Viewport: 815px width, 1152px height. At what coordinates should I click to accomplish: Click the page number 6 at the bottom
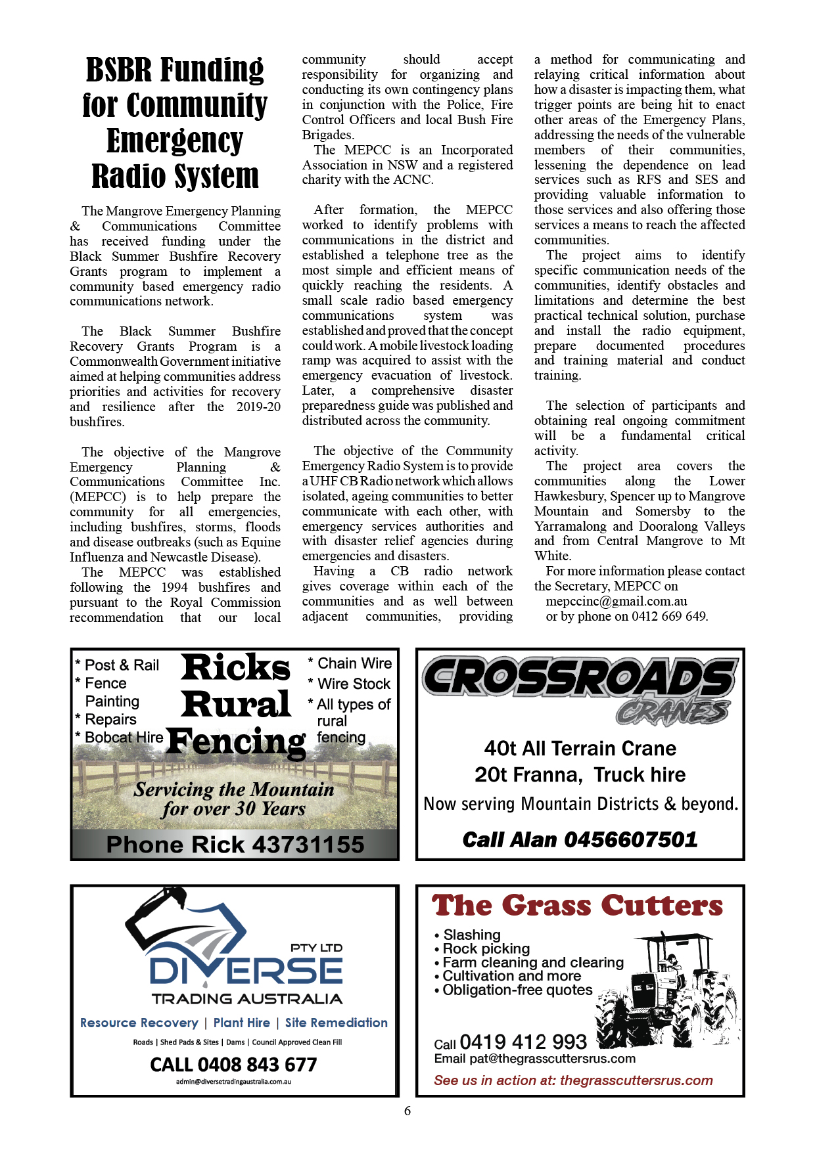407,1111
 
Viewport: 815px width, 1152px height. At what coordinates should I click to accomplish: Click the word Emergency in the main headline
175,141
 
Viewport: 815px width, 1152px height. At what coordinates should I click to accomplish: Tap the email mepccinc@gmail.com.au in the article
616,601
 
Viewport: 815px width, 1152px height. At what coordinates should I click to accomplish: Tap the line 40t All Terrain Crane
580,748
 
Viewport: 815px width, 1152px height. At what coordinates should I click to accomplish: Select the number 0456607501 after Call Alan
630,839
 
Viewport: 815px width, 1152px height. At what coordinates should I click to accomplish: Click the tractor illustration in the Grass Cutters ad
670,992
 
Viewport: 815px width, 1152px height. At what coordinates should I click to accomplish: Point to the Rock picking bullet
486,948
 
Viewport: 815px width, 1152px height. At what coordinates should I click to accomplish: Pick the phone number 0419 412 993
523,1042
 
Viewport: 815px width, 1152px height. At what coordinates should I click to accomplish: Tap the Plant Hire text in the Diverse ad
241,1023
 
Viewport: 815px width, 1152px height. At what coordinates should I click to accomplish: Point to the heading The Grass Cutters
577,906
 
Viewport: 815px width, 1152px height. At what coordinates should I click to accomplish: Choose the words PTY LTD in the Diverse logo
316,948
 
